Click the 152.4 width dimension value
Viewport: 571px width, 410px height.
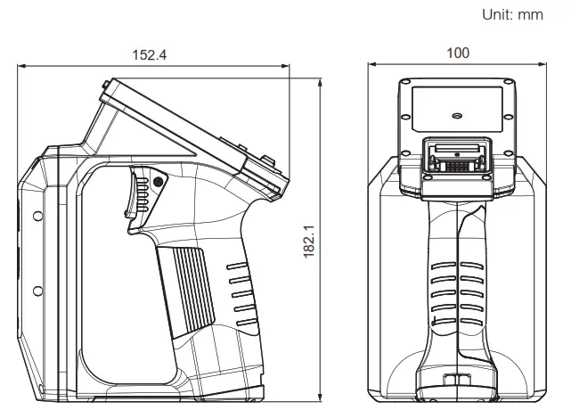[150, 54]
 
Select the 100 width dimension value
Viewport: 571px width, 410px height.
[457, 53]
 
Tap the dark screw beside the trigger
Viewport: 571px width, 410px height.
[158, 182]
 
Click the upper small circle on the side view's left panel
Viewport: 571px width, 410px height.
[37, 216]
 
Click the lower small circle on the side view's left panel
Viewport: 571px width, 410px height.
[37, 291]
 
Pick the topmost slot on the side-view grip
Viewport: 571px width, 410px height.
[238, 266]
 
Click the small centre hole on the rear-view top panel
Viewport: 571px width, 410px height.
[457, 115]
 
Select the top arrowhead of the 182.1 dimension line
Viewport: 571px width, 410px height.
[319, 79]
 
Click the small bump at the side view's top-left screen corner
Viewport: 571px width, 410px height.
[106, 86]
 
